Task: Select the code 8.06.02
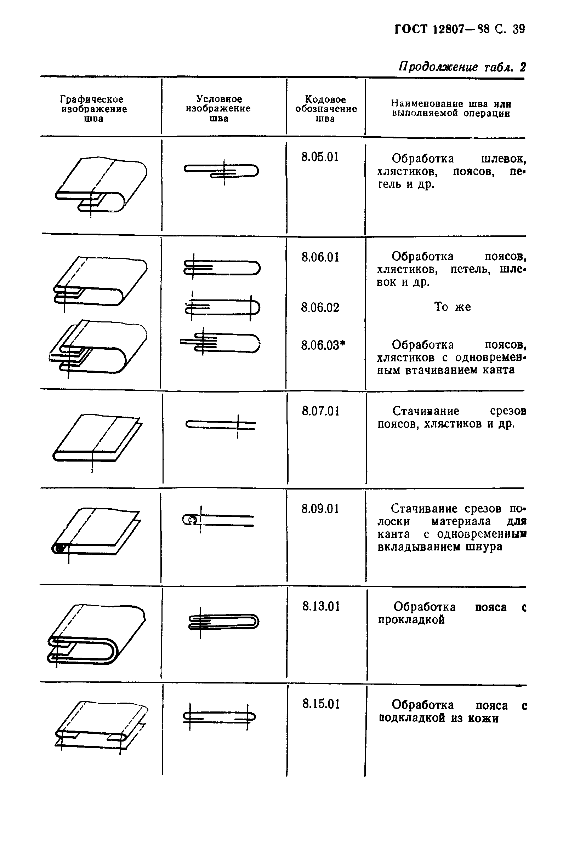[x=320, y=308]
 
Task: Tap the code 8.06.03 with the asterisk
[x=323, y=345]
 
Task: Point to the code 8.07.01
[x=321, y=411]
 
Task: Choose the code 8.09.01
[x=320, y=509]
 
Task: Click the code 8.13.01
[x=321, y=606]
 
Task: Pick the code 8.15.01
[x=321, y=704]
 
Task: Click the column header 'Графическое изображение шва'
[x=94, y=109]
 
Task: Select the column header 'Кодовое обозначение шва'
[x=326, y=109]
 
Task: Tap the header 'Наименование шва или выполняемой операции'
[x=451, y=108]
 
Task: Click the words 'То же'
[x=452, y=307]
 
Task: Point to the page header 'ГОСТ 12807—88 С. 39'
[x=459, y=29]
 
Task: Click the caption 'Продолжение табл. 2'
[x=461, y=67]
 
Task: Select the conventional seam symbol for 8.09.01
[x=218, y=520]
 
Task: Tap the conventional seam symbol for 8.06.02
[x=222, y=308]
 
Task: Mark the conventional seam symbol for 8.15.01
[x=219, y=717]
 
